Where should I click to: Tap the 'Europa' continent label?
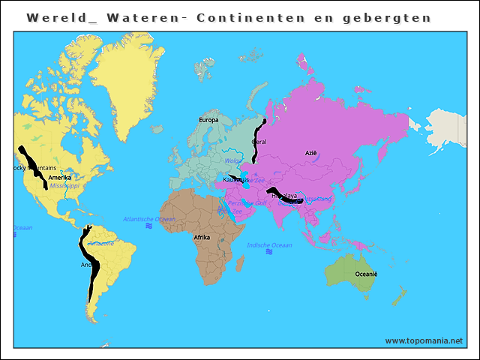tap(208, 120)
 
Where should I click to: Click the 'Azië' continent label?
tap(310, 152)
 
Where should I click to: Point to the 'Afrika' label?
tap(202, 237)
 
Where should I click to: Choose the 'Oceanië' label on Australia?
tap(366, 274)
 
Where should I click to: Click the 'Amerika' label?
tap(60, 178)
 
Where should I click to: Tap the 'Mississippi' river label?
tap(64, 185)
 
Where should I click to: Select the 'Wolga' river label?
tap(232, 160)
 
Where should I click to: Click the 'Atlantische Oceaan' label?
tap(149, 219)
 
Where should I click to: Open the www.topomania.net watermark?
tap(424, 340)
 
